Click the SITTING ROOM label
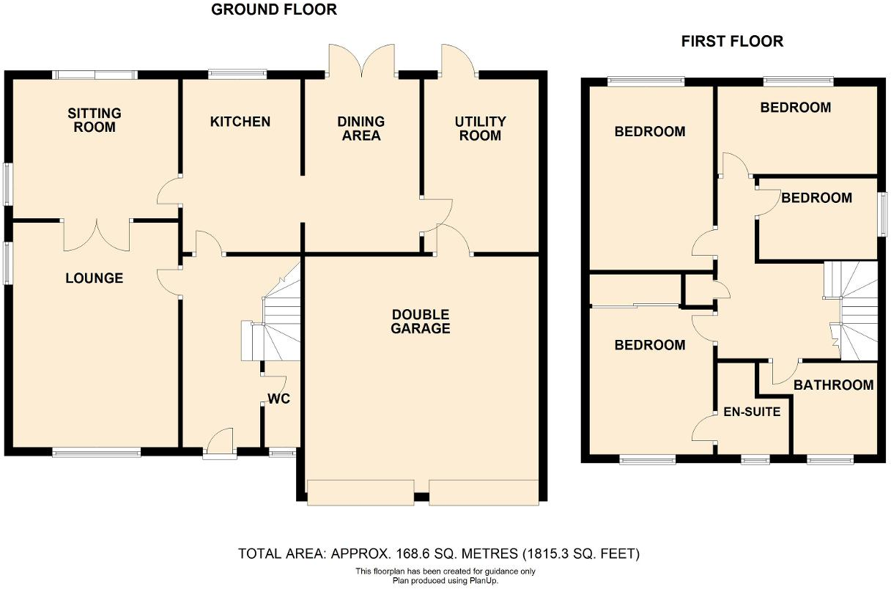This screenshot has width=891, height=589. tap(95, 120)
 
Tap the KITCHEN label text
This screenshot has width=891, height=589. tap(240, 122)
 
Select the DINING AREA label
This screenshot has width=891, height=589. tap(361, 128)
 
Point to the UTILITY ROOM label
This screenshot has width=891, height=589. tap(480, 128)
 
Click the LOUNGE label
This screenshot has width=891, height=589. tap(95, 278)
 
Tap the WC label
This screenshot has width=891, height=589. tap(279, 399)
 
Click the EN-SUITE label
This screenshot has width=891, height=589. tap(752, 412)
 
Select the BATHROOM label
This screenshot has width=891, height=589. tap(834, 385)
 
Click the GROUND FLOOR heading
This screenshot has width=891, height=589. tap(274, 10)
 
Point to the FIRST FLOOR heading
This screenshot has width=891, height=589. tap(732, 42)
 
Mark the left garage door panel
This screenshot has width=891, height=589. tap(361, 492)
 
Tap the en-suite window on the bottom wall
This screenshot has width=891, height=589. tap(755, 460)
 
